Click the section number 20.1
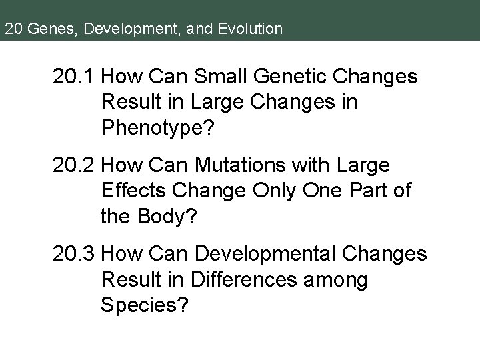75,77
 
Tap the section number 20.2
76,164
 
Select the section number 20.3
76,254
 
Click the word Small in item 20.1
215,77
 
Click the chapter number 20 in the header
11,29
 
